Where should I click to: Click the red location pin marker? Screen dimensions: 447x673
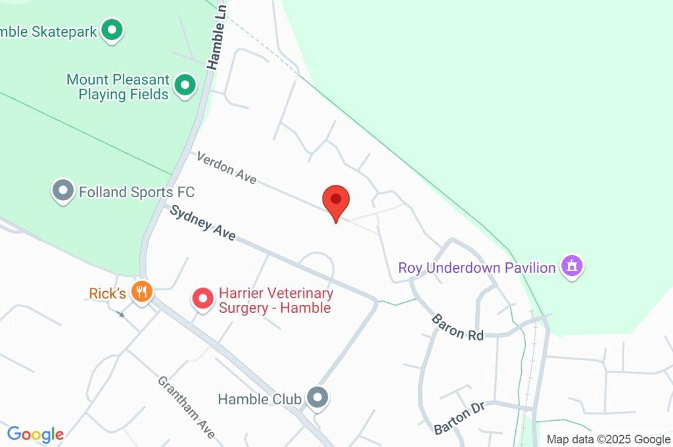pyautogui.click(x=336, y=201)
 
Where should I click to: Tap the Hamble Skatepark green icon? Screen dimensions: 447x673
pyautogui.click(x=113, y=30)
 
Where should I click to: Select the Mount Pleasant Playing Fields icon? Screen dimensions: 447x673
pyautogui.click(x=185, y=85)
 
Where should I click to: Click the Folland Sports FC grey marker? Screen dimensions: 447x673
pyautogui.click(x=62, y=191)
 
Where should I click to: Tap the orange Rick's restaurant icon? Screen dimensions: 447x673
pyautogui.click(x=141, y=291)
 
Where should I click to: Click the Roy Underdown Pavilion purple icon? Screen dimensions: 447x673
pyautogui.click(x=572, y=267)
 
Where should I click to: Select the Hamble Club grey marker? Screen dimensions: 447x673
pyautogui.click(x=318, y=398)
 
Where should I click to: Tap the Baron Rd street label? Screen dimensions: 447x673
pyautogui.click(x=457, y=327)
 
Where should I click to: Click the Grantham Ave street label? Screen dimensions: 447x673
pyautogui.click(x=186, y=408)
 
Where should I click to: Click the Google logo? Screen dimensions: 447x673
pyautogui.click(x=35, y=435)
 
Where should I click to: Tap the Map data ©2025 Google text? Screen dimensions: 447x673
pyautogui.click(x=609, y=439)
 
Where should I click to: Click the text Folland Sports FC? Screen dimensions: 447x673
pyautogui.click(x=137, y=192)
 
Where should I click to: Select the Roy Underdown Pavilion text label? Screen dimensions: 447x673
pyautogui.click(x=477, y=268)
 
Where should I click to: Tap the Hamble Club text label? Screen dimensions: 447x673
pyautogui.click(x=260, y=399)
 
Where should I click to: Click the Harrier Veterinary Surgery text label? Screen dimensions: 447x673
pyautogui.click(x=275, y=300)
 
